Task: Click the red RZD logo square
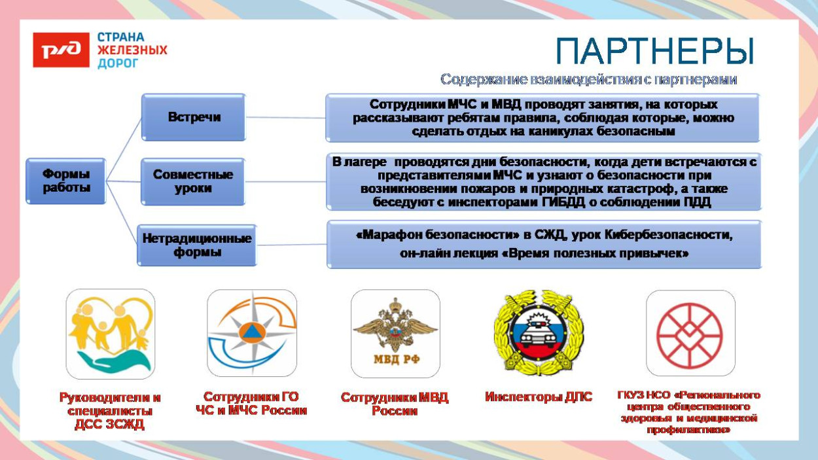[61, 50]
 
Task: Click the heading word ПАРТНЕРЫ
[654, 51]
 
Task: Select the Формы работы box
[65, 181]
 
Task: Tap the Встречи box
[194, 117]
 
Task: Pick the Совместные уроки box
[194, 181]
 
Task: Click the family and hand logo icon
[110, 334]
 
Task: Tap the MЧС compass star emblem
[251, 334]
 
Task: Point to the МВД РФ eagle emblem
[395, 334]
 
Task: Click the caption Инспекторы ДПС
[539, 397]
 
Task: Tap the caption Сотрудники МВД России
[395, 404]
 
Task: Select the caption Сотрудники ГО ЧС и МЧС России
[251, 404]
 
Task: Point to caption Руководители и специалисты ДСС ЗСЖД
[110, 410]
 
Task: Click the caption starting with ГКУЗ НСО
[689, 412]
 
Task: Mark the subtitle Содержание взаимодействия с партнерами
[588, 79]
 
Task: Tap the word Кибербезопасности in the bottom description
[663, 234]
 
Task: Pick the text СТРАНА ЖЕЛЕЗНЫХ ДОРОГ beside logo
[132, 50]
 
